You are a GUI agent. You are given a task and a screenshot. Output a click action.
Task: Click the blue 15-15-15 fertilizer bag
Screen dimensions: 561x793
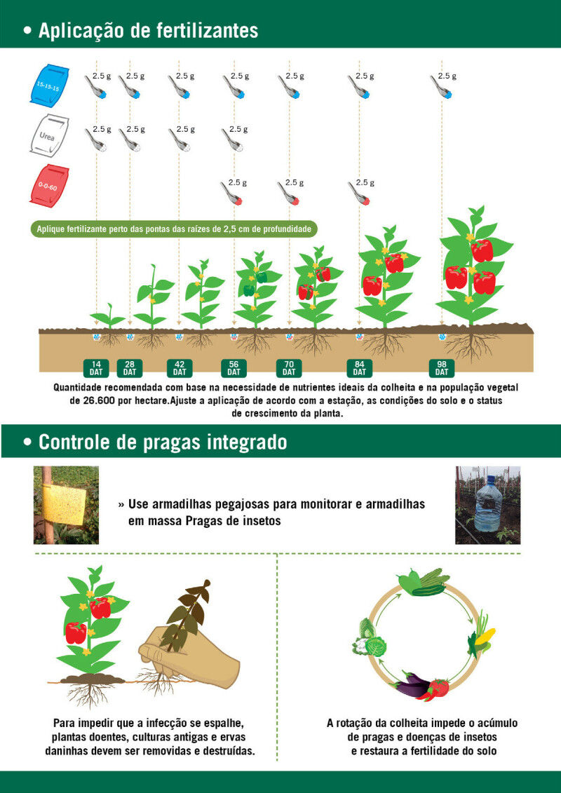pos(50,84)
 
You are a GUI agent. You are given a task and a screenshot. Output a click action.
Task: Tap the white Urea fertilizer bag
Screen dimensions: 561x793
pos(50,135)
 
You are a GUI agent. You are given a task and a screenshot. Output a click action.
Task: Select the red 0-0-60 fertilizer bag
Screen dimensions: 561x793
pos(50,185)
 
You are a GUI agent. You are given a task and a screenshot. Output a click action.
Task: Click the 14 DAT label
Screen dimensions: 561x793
pos(95,368)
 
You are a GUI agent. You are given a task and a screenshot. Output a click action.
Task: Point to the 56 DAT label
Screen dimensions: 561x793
pos(234,368)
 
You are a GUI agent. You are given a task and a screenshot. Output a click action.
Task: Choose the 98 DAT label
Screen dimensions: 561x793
pos(442,368)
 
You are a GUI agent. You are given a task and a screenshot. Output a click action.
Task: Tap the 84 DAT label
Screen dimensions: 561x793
pos(359,368)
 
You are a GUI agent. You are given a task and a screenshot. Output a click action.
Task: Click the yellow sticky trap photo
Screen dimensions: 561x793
pos(66,505)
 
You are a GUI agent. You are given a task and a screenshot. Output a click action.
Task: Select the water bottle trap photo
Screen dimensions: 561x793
pos(487,505)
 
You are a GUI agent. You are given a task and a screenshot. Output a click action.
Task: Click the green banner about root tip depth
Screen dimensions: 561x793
pos(175,229)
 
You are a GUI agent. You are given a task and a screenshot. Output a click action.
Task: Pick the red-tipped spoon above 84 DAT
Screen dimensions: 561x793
pos(358,193)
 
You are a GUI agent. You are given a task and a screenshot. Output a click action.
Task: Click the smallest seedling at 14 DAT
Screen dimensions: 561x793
pos(108,316)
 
